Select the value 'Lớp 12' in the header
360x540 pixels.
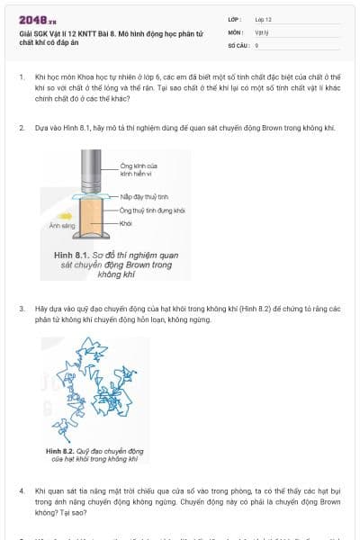click(x=263, y=19)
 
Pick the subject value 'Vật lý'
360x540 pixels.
click(x=262, y=31)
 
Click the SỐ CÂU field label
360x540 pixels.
click(x=238, y=44)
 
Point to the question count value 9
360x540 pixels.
click(x=257, y=44)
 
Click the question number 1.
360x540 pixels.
click(x=21, y=78)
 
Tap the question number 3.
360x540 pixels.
click(x=21, y=309)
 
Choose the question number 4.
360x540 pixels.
click(x=21, y=491)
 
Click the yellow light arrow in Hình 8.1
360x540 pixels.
click(x=65, y=216)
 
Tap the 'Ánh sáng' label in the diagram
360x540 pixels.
click(x=61, y=226)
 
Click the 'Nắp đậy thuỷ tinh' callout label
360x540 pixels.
click(x=144, y=196)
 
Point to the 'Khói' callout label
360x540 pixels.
click(x=126, y=220)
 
